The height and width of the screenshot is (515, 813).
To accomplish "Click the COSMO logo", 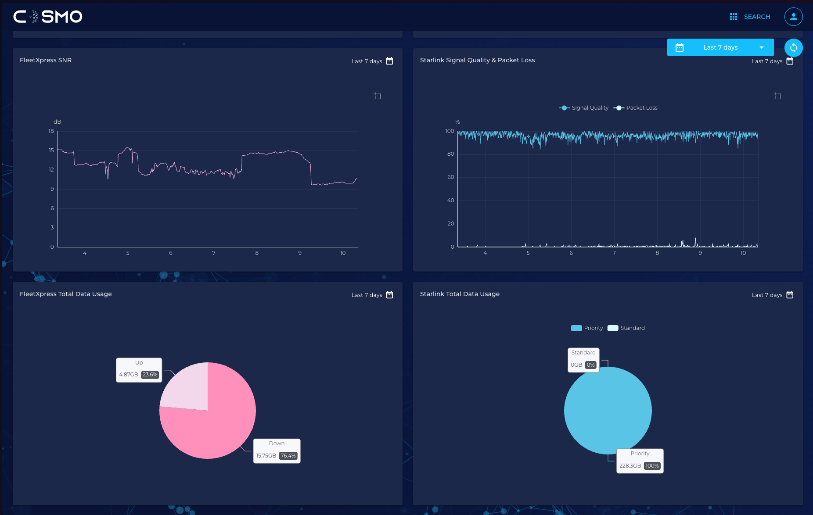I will [48, 17].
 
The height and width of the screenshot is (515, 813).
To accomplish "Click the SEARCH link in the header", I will [757, 17].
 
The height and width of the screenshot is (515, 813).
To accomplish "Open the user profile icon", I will [793, 17].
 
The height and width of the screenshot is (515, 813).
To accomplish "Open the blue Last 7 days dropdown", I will [720, 47].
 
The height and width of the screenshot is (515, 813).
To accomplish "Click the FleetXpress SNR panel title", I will [46, 60].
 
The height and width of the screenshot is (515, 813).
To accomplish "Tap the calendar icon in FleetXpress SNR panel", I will [389, 61].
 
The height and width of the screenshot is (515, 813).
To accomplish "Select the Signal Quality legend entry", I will [584, 108].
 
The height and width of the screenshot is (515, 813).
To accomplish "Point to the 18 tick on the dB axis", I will [51, 131].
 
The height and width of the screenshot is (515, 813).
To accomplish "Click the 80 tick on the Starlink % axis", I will [450, 154].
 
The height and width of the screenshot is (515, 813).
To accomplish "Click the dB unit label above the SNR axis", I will [57, 122].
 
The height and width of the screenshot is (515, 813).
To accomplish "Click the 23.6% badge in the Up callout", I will [150, 375].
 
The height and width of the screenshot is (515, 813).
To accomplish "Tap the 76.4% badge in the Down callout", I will [288, 456].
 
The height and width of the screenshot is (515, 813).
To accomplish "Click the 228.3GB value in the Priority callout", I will [630, 466].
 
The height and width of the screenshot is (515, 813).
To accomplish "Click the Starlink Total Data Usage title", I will [460, 294].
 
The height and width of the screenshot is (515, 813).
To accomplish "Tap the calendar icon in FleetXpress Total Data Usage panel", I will [389, 295].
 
